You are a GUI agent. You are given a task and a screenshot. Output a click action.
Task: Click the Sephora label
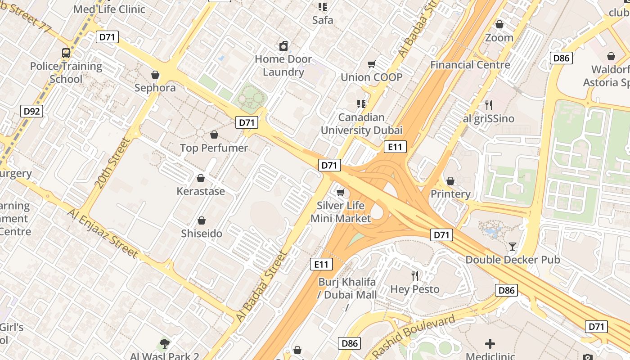click(155, 88)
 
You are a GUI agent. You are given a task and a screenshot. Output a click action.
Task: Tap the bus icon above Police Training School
click(66, 53)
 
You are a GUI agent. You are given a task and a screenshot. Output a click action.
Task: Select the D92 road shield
click(31, 111)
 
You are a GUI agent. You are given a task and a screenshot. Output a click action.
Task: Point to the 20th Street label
click(112, 162)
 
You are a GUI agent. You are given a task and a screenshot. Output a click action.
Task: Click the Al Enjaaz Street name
click(103, 233)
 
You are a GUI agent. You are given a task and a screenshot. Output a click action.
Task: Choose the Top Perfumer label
click(214, 148)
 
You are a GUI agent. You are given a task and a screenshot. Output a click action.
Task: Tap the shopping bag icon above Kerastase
click(201, 178)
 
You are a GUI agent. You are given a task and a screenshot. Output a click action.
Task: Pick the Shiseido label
click(202, 234)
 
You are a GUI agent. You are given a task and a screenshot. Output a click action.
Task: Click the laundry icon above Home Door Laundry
click(283, 46)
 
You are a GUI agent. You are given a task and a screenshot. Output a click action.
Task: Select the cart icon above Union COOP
click(371, 64)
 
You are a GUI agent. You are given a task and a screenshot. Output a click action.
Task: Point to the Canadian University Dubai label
click(361, 124)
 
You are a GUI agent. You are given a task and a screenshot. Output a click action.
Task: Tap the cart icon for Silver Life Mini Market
click(341, 193)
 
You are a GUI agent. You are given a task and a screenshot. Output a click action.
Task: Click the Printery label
click(450, 194)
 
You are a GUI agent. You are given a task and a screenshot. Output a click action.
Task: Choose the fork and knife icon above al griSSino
click(488, 105)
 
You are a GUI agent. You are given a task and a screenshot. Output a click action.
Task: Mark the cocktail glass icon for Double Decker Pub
click(512, 246)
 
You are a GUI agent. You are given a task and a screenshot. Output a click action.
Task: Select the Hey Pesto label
click(414, 289)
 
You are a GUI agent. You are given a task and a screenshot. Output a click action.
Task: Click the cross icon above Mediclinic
click(490, 344)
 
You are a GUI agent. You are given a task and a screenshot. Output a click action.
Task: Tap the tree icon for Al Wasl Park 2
click(165, 344)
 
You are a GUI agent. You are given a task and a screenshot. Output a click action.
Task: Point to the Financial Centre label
click(470, 65)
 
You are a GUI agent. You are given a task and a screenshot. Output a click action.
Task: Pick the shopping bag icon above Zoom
click(499, 24)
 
